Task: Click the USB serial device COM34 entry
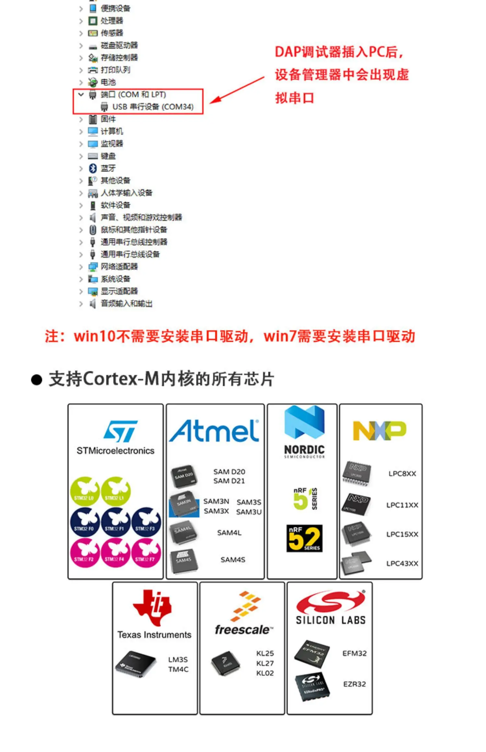click(153, 107)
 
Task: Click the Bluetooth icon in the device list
click(93, 168)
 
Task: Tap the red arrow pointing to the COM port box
click(237, 90)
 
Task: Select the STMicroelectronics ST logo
click(120, 431)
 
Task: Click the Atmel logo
click(214, 431)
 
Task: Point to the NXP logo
click(379, 430)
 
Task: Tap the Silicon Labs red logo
click(330, 602)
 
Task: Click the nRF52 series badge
click(304, 538)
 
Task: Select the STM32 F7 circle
click(146, 553)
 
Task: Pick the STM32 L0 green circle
click(85, 491)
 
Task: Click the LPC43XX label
click(402, 564)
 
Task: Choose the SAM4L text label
click(229, 533)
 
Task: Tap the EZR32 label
click(354, 684)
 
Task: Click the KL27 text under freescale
click(265, 663)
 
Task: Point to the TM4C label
click(178, 669)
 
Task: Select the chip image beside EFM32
click(312, 654)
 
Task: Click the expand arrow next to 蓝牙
click(81, 168)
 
